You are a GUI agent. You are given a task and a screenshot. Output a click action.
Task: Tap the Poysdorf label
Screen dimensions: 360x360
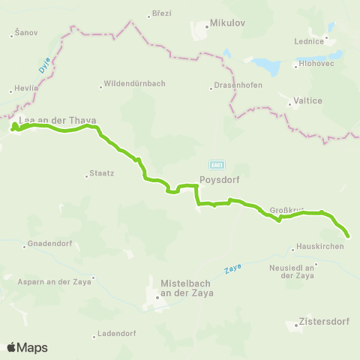pyautogui.click(x=219, y=180)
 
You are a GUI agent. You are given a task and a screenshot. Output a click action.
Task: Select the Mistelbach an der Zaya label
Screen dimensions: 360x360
pyautogui.click(x=187, y=288)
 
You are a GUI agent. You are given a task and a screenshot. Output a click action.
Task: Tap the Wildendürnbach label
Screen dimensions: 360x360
pyautogui.click(x=134, y=84)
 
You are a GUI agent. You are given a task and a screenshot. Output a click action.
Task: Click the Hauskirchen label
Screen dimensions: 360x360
pyautogui.click(x=321, y=247)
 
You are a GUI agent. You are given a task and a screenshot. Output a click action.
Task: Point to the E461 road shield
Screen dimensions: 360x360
pyautogui.click(x=214, y=164)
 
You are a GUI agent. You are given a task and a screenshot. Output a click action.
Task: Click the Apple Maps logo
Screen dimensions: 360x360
pyautogui.click(x=27, y=347)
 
